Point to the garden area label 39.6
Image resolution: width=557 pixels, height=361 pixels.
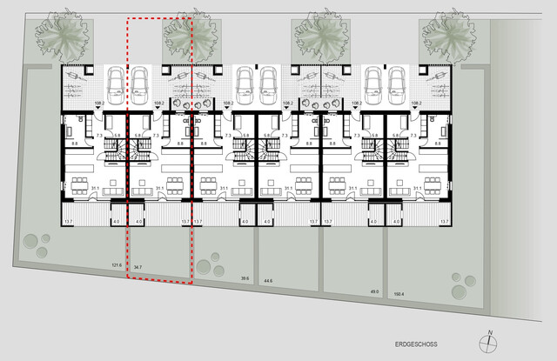pyautogui.click(x=245, y=278)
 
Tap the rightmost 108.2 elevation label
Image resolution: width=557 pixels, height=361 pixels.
pyautogui.click(x=415, y=104)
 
